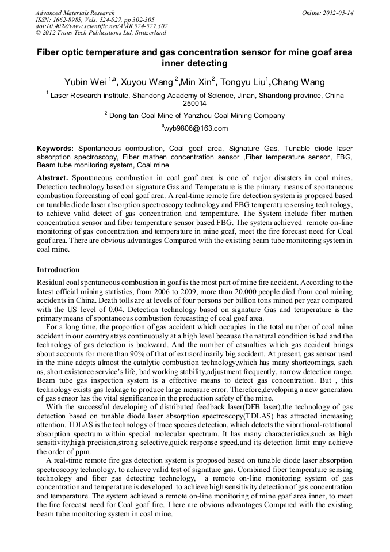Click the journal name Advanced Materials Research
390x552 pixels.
[75, 13]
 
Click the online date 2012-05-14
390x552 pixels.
[338, 13]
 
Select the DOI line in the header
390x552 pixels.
[101, 26]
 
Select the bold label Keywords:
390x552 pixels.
[55, 149]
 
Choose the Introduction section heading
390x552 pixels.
[58, 270]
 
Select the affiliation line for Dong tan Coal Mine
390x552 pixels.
[196, 116]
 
